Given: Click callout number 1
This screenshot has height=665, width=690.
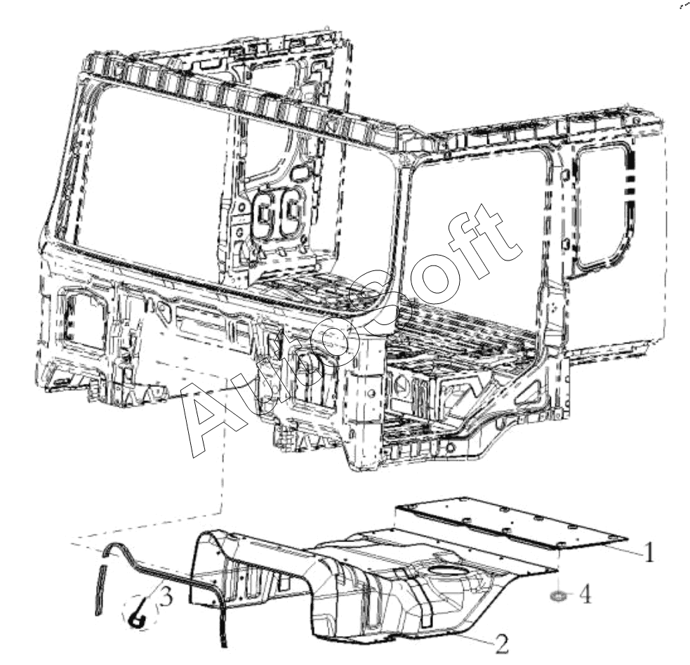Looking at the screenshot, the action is pyautogui.click(x=649, y=552).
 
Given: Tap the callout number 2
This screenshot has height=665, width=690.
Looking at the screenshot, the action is pyautogui.click(x=502, y=645).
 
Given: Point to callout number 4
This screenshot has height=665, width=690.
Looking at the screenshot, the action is pyautogui.click(x=585, y=595).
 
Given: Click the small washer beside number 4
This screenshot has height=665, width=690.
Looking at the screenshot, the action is pyautogui.click(x=557, y=596).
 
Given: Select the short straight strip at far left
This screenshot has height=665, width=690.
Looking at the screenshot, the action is pyautogui.click(x=100, y=590).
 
